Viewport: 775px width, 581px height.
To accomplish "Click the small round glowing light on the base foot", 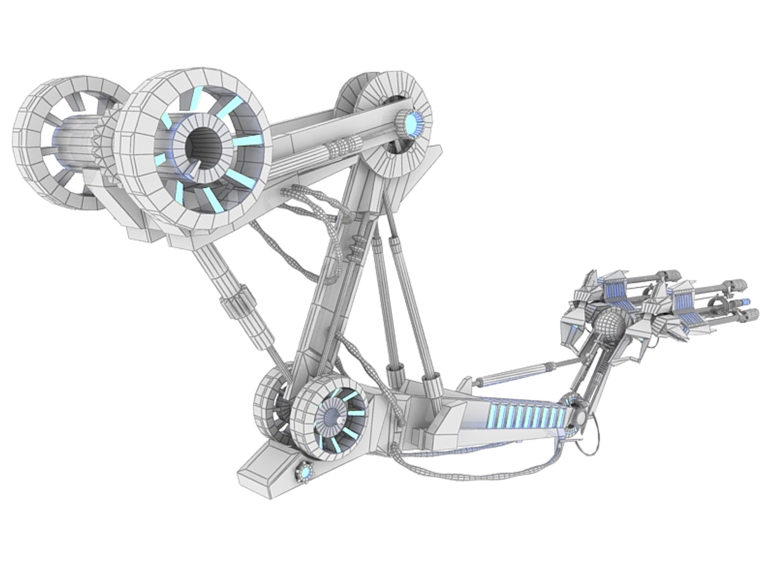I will pyautogui.click(x=305, y=472).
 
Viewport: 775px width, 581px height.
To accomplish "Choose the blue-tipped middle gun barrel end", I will pyautogui.click(x=745, y=301).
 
